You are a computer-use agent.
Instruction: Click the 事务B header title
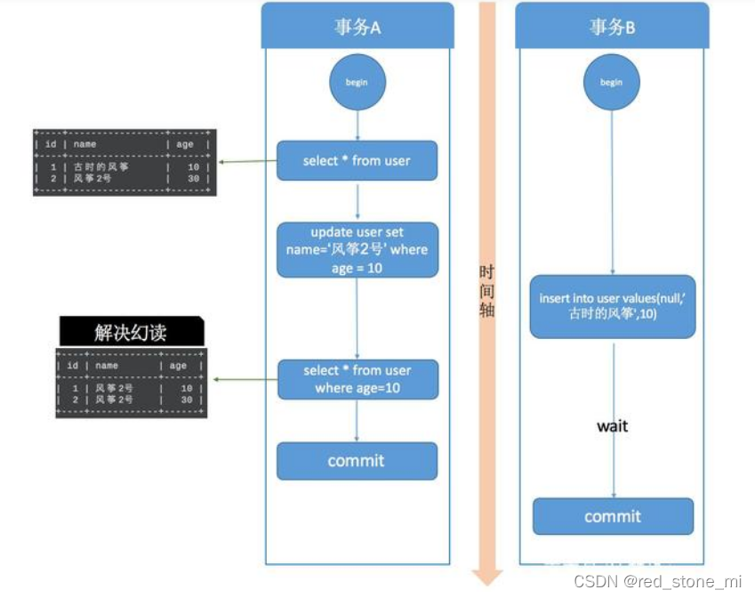(x=612, y=27)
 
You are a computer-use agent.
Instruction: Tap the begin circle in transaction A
(x=357, y=82)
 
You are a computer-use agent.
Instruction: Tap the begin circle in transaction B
(x=612, y=82)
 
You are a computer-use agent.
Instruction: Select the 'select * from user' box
(x=357, y=161)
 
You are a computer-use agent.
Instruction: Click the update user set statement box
(x=357, y=250)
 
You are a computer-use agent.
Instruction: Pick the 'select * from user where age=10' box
(x=357, y=380)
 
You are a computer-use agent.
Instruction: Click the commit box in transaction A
(x=357, y=461)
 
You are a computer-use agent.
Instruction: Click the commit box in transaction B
(x=612, y=517)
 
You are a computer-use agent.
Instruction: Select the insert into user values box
(x=612, y=306)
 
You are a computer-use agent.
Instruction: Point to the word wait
(x=612, y=426)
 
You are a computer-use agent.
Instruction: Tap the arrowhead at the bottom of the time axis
(x=486, y=576)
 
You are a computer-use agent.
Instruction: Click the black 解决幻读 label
(x=131, y=333)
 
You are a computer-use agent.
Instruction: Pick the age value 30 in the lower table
(x=187, y=400)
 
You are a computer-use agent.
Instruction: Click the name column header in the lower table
(x=107, y=366)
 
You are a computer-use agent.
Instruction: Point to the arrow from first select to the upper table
(x=246, y=162)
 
